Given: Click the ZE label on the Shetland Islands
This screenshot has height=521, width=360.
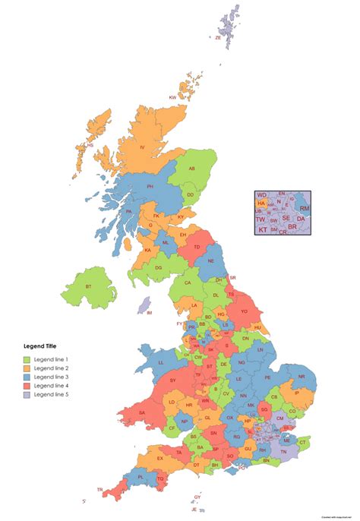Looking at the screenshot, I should point(218,37).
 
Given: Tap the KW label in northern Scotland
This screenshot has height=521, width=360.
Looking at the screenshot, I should point(172,98).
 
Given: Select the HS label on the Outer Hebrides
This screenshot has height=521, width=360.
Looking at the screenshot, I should point(90,145).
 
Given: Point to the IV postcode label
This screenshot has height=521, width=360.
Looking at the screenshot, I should point(141,147).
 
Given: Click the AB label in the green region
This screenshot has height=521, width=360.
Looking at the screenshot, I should point(192,169).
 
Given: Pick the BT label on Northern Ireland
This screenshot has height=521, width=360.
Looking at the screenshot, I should point(89,286).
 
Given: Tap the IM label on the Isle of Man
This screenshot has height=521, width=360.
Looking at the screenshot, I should point(150,313).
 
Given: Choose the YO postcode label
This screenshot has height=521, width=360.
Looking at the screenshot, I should point(244,311).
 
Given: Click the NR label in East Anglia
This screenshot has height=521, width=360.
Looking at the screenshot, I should point(302,377).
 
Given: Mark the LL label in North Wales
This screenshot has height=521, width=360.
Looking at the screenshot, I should point(160,363).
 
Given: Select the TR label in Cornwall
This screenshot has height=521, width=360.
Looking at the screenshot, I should point(99,490).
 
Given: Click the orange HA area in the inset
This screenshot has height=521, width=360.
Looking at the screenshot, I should point(261,204).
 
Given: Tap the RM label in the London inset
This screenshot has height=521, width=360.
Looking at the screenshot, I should point(304,208).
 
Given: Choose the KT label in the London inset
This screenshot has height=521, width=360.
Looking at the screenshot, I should point(263,229).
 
